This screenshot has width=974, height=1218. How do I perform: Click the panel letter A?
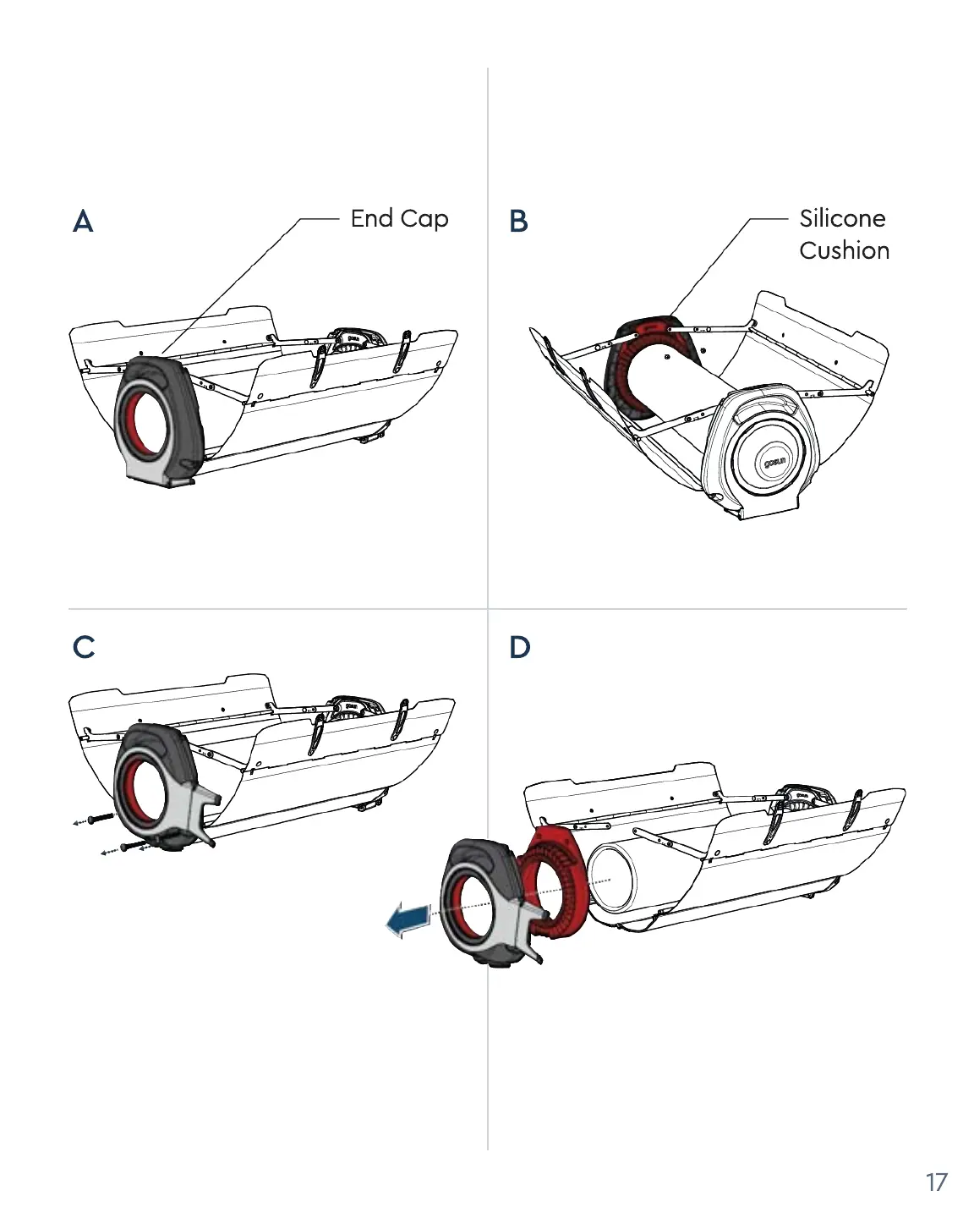(83, 222)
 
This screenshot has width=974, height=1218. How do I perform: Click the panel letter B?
(518, 222)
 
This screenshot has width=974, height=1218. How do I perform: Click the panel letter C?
(83, 647)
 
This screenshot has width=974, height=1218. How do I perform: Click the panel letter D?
(519, 647)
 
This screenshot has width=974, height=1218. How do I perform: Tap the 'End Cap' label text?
(399, 218)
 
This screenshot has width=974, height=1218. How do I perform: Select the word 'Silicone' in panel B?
(842, 218)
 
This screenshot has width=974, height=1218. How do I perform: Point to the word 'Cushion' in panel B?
(844, 250)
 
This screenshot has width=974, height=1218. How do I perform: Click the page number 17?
(936, 1182)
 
